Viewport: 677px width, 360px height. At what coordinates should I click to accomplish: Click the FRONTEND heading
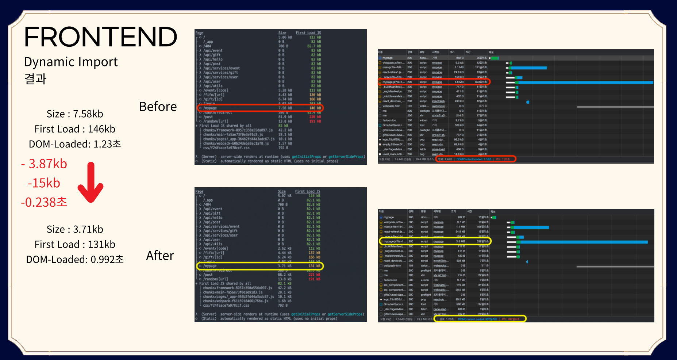pyautogui.click(x=100, y=37)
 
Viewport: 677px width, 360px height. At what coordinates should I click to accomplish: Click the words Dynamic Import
pyautogui.click(x=71, y=62)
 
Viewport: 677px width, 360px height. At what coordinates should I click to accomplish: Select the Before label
pyautogui.click(x=158, y=107)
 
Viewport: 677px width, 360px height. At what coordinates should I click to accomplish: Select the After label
pyautogui.click(x=160, y=256)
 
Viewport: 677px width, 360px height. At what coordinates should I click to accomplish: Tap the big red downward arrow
pyautogui.click(x=91, y=183)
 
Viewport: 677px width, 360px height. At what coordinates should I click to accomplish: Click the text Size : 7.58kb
pyautogui.click(x=75, y=114)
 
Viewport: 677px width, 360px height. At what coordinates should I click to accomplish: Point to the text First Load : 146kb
pyautogui.click(x=75, y=129)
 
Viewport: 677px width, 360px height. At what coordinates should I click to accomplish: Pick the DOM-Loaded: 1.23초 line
pyautogui.click(x=75, y=144)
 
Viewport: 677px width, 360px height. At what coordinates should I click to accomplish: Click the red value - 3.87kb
pyautogui.click(x=44, y=164)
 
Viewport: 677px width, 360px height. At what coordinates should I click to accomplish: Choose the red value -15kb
pyautogui.click(x=44, y=183)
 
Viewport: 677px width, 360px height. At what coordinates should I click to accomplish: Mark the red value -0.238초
pyautogui.click(x=44, y=202)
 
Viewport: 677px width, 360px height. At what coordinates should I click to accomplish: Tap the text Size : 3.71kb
pyautogui.click(x=75, y=229)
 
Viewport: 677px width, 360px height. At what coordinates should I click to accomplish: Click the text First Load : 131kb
pyautogui.click(x=75, y=244)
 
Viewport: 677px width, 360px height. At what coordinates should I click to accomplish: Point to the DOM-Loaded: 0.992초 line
pyautogui.click(x=75, y=259)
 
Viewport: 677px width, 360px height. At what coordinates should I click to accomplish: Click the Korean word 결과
pyautogui.click(x=35, y=79)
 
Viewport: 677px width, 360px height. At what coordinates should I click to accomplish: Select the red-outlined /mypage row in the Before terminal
pyautogui.click(x=260, y=108)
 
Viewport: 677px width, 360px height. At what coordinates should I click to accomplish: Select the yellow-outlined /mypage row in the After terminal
pyautogui.click(x=260, y=266)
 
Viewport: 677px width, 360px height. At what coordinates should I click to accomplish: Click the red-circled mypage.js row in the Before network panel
pyautogui.click(x=434, y=82)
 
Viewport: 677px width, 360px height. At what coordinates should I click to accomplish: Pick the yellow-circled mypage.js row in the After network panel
pyautogui.click(x=435, y=241)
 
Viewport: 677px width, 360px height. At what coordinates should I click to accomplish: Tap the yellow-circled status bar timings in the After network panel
pyautogui.click(x=480, y=319)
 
